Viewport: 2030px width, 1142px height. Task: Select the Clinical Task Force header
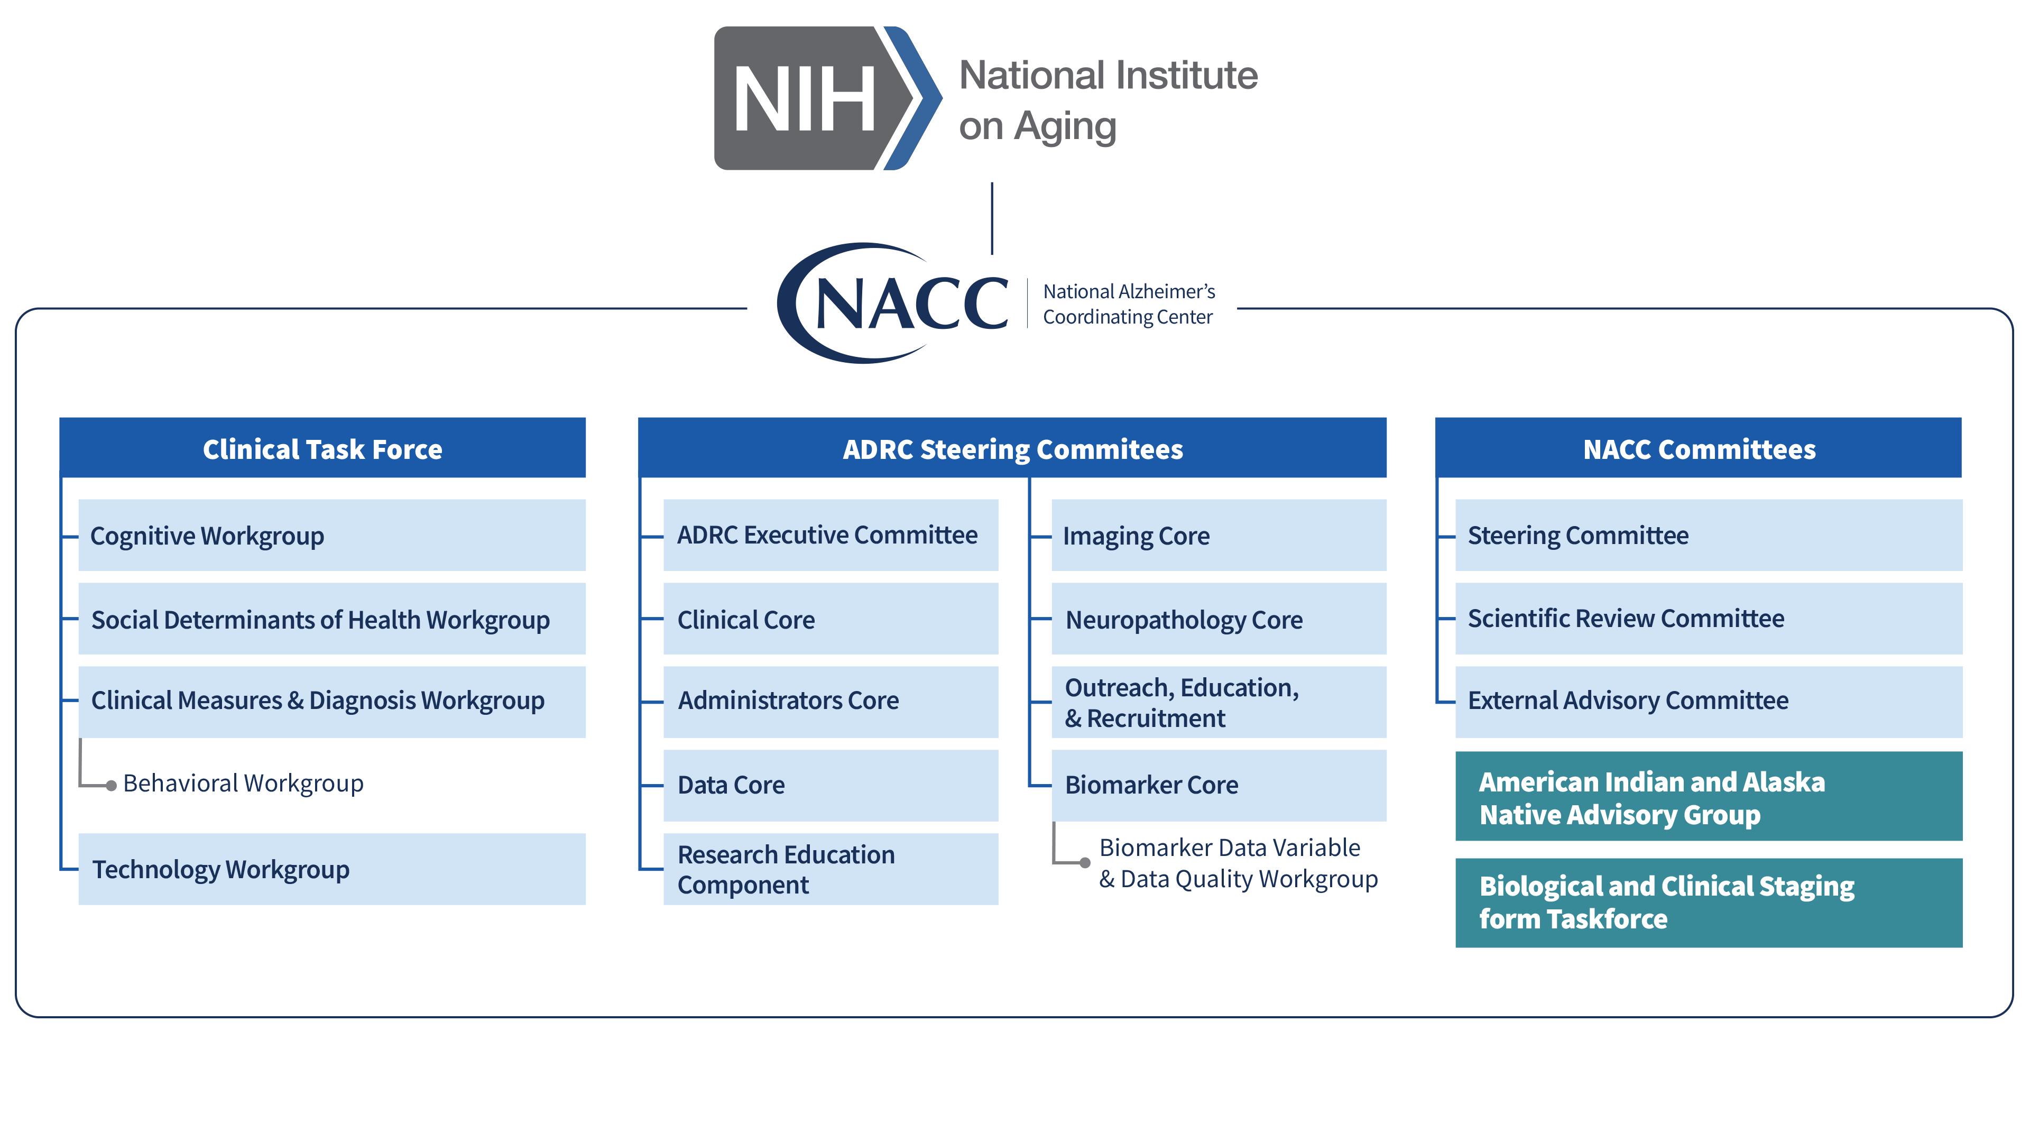322,448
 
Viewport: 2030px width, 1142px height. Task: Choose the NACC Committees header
1698,448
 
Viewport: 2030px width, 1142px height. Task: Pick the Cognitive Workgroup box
332,535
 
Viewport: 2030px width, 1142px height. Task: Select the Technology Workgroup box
332,869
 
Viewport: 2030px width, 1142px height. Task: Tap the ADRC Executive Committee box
831,535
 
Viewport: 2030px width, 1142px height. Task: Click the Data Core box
831,785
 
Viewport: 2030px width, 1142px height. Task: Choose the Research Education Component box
831,869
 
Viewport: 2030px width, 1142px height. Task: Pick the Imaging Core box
1219,535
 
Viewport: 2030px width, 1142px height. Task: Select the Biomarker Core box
1219,785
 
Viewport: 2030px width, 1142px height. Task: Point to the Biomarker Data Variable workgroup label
1237,863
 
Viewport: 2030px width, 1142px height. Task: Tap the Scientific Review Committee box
1709,619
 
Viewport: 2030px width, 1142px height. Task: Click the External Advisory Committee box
1709,702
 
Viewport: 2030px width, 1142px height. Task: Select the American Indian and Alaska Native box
1709,796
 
